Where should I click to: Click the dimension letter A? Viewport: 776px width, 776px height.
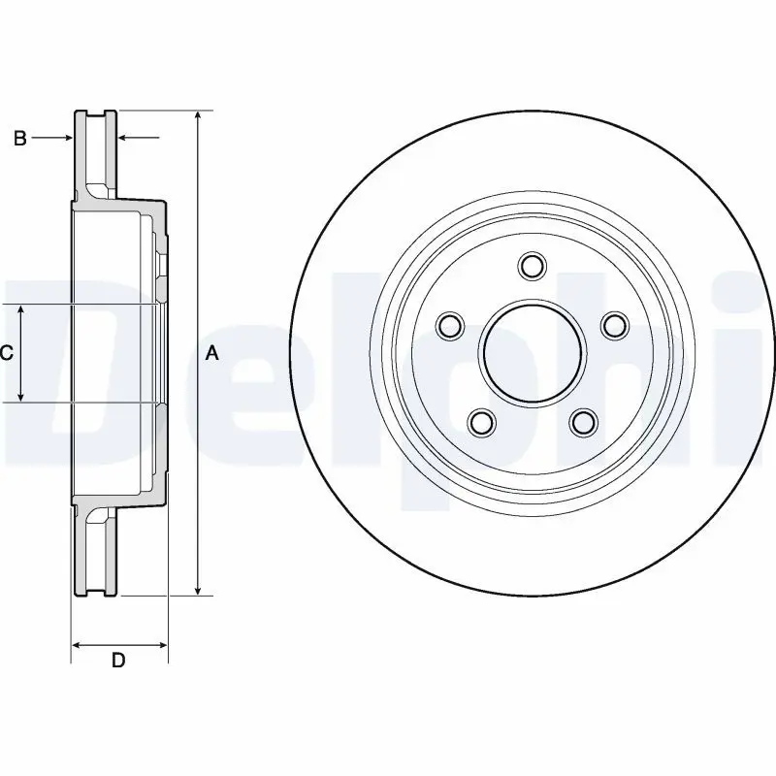[x=211, y=353]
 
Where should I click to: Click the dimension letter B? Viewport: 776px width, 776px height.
[x=19, y=138]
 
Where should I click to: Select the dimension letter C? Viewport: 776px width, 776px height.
[x=7, y=353]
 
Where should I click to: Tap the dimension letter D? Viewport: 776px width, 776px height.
[x=118, y=661]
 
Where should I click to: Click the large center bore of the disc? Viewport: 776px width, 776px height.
[x=532, y=353]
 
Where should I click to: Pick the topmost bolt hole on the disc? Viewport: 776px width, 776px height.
[x=532, y=266]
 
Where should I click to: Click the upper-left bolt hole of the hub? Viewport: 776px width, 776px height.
[x=450, y=326]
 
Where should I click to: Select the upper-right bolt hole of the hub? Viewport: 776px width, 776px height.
[x=614, y=326]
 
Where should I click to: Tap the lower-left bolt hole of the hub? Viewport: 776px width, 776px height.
[x=481, y=422]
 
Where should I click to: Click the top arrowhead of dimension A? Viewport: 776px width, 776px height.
[x=198, y=115]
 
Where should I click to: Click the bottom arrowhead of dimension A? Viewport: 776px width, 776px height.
[x=198, y=590]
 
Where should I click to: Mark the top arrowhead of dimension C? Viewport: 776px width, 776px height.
[x=20, y=310]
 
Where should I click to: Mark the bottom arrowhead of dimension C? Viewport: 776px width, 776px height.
[x=20, y=396]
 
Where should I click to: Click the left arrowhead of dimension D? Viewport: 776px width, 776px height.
[x=78, y=645]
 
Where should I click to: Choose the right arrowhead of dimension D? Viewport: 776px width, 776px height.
[x=161, y=645]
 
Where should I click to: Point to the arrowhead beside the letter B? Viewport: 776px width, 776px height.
[x=67, y=138]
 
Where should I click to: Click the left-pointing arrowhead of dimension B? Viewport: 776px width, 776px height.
[x=123, y=138]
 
